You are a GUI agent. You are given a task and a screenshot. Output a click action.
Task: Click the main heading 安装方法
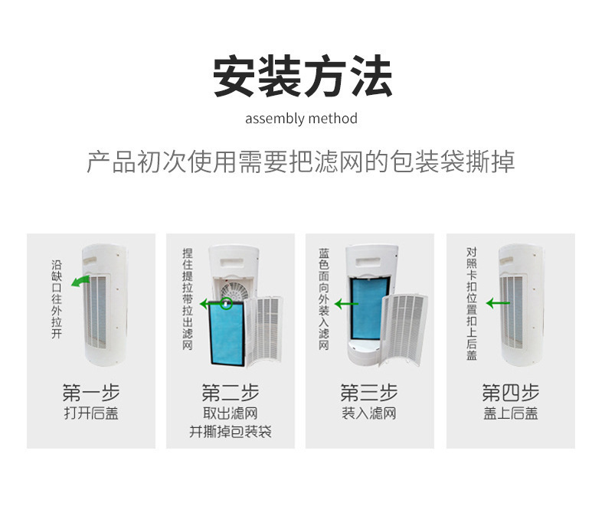point(302,76)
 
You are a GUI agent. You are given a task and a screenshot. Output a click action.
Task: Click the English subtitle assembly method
point(301,119)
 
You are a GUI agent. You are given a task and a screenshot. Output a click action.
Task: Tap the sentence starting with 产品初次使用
point(301,162)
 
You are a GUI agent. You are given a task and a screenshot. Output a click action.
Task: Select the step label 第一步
point(91,393)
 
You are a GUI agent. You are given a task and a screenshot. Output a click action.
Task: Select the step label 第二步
point(231,393)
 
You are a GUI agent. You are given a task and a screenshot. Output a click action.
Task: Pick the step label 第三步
point(369,393)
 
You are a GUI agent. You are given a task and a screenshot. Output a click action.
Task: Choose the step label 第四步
point(511,393)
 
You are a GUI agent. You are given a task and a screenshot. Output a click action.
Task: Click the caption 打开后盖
point(91,413)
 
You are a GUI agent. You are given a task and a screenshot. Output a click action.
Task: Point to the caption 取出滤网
point(231,413)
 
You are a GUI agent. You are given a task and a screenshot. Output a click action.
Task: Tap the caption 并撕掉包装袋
point(231,432)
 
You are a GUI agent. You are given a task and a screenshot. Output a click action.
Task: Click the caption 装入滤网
point(369,413)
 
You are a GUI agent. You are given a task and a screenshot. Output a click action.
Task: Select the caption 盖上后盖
point(511,413)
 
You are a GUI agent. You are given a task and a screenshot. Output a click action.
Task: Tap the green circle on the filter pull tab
point(227,302)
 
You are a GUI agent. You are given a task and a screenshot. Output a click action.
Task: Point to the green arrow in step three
point(346,304)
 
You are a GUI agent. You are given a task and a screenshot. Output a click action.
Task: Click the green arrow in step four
point(498,303)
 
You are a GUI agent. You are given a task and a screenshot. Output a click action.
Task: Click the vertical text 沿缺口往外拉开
point(57,299)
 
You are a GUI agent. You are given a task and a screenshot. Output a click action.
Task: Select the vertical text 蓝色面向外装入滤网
point(324,299)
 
